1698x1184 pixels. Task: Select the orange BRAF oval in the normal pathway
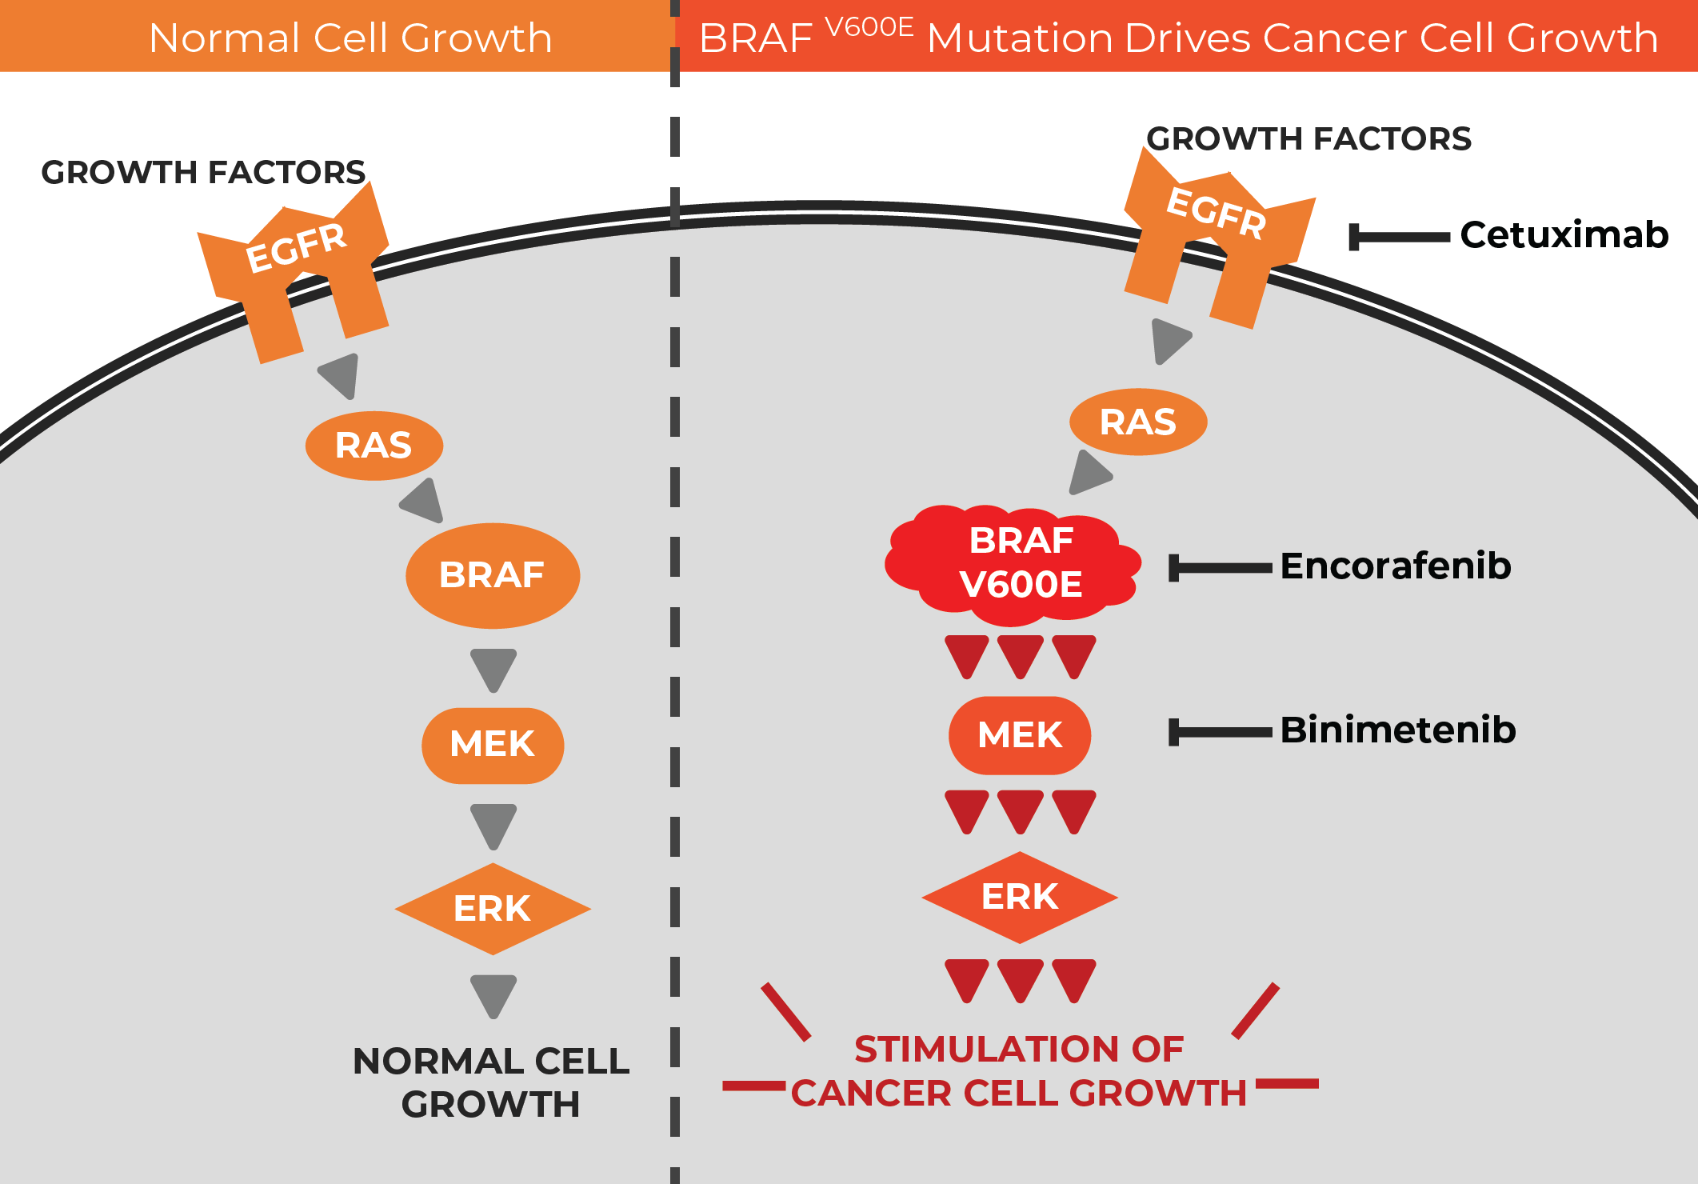[493, 575]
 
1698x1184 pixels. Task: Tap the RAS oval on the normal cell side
[374, 446]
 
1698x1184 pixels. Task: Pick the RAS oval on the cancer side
[1137, 422]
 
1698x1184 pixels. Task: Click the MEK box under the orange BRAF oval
[493, 745]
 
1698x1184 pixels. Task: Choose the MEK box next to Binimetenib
[1020, 735]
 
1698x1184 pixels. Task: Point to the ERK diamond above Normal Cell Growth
[493, 909]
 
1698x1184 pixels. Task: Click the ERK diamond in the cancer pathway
[1020, 897]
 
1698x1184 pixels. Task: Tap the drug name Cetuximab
[1564, 235]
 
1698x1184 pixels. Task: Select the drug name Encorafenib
[1395, 566]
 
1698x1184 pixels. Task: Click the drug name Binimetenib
[1397, 730]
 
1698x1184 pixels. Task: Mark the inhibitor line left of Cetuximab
[1400, 237]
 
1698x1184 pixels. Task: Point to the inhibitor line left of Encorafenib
[1221, 568]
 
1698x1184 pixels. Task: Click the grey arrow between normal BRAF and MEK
[493, 669]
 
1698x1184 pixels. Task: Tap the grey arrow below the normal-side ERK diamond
[493, 994]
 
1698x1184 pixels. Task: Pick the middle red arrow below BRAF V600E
[1020, 655]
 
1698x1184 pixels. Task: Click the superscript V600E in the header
[869, 27]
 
